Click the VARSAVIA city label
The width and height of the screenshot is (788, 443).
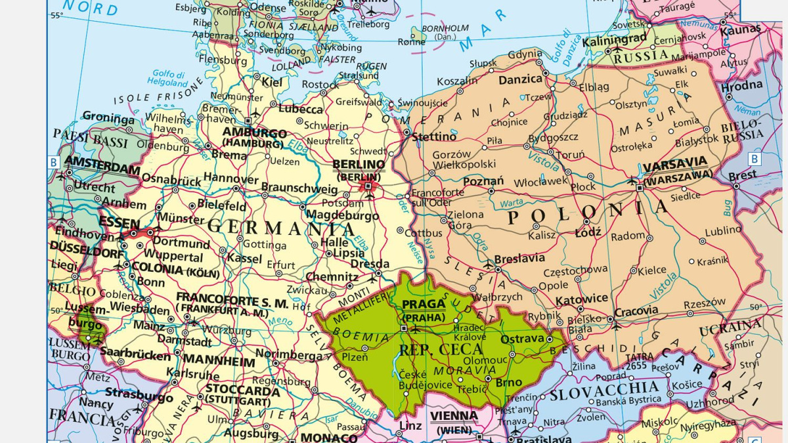click(675, 162)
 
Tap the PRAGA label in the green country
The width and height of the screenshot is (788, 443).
click(424, 305)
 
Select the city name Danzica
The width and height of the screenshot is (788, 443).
click(520, 79)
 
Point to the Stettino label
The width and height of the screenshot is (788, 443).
click(434, 137)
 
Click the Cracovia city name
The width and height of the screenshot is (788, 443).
click(636, 310)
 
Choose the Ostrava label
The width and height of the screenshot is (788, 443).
click(522, 339)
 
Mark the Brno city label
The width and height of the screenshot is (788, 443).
click(509, 382)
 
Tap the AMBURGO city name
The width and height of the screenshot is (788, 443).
click(254, 133)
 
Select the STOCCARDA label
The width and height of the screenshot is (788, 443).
click(242, 391)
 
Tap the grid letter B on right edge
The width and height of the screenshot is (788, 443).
click(755, 159)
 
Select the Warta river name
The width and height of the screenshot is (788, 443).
click(512, 202)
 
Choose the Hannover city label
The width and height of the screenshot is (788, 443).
click(230, 179)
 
